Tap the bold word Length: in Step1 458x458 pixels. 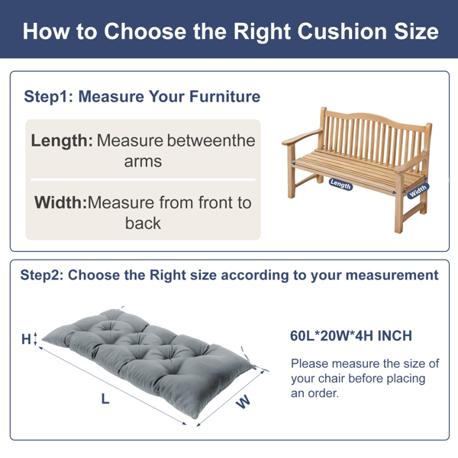[x=62, y=141]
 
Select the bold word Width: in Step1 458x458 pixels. [x=61, y=202]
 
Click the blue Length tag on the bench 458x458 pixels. [x=340, y=184]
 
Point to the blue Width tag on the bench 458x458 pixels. [x=418, y=191]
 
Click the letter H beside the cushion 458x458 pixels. [x=26, y=339]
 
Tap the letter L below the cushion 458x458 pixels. [x=105, y=398]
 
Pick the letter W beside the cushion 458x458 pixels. [x=243, y=402]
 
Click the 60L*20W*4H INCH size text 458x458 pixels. [x=351, y=336]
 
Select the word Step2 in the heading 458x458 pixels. [x=42, y=275]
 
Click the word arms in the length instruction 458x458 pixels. [x=143, y=162]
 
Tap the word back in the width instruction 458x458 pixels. [x=143, y=224]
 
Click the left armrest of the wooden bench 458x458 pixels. [x=302, y=137]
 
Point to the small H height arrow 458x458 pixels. [x=36, y=339]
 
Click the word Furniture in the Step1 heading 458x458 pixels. [x=224, y=97]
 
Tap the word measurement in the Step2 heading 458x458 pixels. [x=392, y=275]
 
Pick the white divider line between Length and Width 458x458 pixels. [x=143, y=179]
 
